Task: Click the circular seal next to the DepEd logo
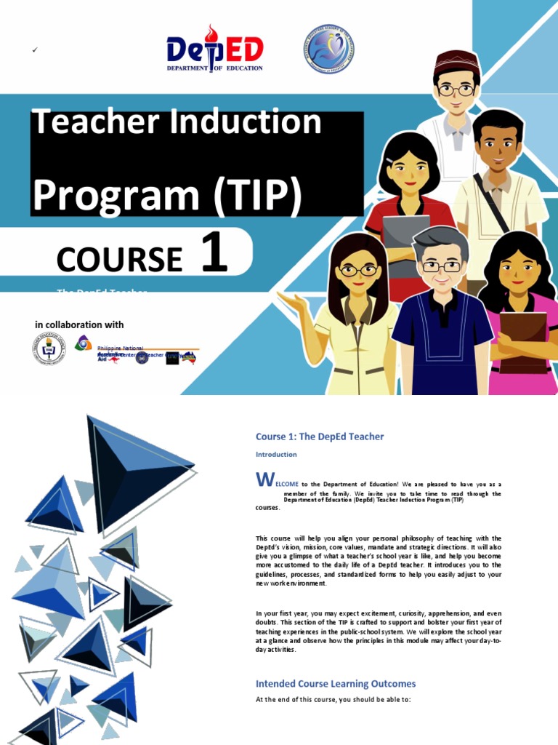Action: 328,49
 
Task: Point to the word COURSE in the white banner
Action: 119,258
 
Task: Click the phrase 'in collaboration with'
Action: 79,324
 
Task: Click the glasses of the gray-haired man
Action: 442,267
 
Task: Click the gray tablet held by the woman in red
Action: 406,233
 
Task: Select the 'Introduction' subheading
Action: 276,454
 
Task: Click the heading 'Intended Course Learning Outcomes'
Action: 336,684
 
